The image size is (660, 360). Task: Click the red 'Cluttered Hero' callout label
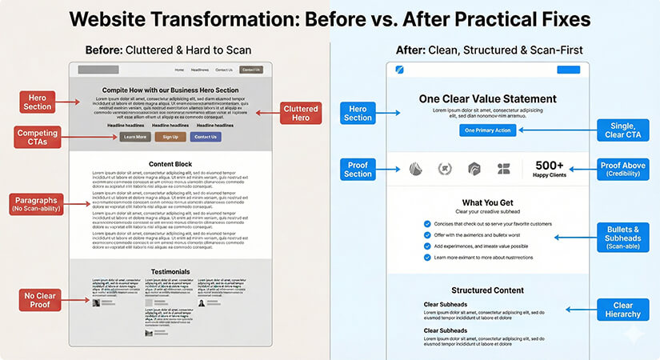pyautogui.click(x=301, y=114)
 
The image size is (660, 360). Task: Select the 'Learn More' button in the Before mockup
pyautogui.click(x=135, y=137)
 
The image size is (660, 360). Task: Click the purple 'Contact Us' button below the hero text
pyautogui.click(x=206, y=137)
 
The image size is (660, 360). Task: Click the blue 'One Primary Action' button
pyautogui.click(x=488, y=130)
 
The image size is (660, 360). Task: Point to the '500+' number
pyautogui.click(x=550, y=164)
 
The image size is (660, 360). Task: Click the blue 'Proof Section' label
pyautogui.click(x=358, y=169)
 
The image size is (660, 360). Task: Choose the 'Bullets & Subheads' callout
pyautogui.click(x=624, y=238)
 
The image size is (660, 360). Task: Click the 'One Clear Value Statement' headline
pyautogui.click(x=487, y=99)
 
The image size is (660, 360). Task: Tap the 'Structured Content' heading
pyautogui.click(x=487, y=290)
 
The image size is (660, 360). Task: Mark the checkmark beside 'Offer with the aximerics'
pyautogui.click(x=427, y=236)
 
